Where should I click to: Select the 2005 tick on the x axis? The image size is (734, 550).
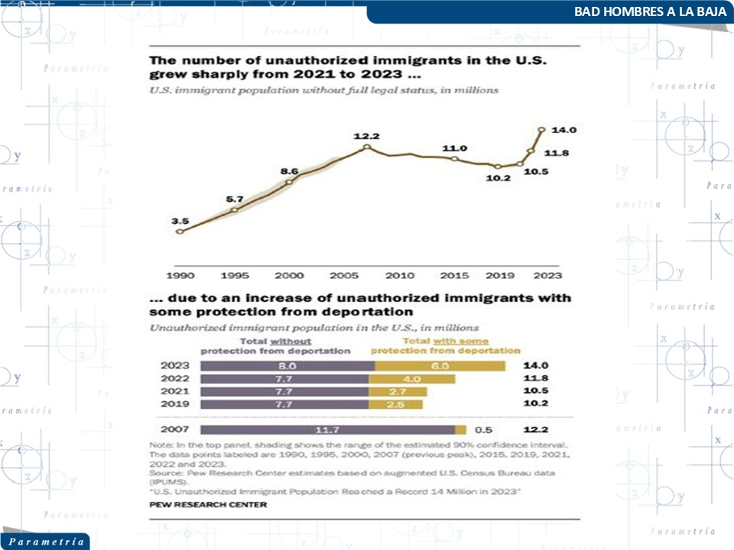(343, 275)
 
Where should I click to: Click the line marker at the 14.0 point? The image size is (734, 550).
(541, 130)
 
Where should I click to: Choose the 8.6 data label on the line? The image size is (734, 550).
(290, 171)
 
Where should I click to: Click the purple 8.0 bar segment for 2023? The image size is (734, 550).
(287, 366)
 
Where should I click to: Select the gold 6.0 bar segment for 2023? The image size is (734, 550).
(440, 366)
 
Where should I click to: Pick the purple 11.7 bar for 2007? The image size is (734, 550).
(327, 430)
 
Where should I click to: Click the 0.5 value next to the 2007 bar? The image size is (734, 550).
(483, 430)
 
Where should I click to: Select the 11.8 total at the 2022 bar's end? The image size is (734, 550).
(535, 379)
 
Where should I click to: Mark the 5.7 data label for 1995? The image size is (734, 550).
(235, 199)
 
